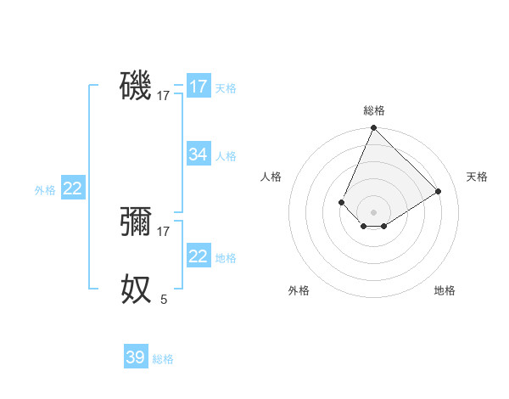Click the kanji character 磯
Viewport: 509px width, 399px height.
[x=136, y=86]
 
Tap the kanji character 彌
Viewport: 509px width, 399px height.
[x=136, y=222]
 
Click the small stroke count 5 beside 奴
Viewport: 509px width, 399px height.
[x=164, y=299]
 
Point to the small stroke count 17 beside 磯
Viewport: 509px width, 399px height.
[x=164, y=96]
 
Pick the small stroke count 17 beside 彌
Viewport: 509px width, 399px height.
[x=164, y=232]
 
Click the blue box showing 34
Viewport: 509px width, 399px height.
[x=199, y=155]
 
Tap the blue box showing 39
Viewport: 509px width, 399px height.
[x=136, y=357]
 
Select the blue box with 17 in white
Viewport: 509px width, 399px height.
[x=199, y=87]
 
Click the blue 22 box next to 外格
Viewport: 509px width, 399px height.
[x=73, y=188]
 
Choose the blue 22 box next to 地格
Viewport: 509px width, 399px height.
[x=199, y=256]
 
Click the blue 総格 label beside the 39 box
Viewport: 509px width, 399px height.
[x=163, y=359]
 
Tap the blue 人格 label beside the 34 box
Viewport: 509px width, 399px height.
[x=226, y=156]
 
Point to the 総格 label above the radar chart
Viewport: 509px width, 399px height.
[x=373, y=110]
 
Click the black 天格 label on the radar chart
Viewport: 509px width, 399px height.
[x=477, y=177]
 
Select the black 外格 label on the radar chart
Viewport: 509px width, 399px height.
[x=299, y=290]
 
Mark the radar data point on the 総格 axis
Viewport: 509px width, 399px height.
[x=373, y=128]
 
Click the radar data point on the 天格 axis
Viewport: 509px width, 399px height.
[x=439, y=191]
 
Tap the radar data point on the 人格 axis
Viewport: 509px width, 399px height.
[x=341, y=202]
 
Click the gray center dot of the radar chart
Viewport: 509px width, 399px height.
[x=373, y=212]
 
